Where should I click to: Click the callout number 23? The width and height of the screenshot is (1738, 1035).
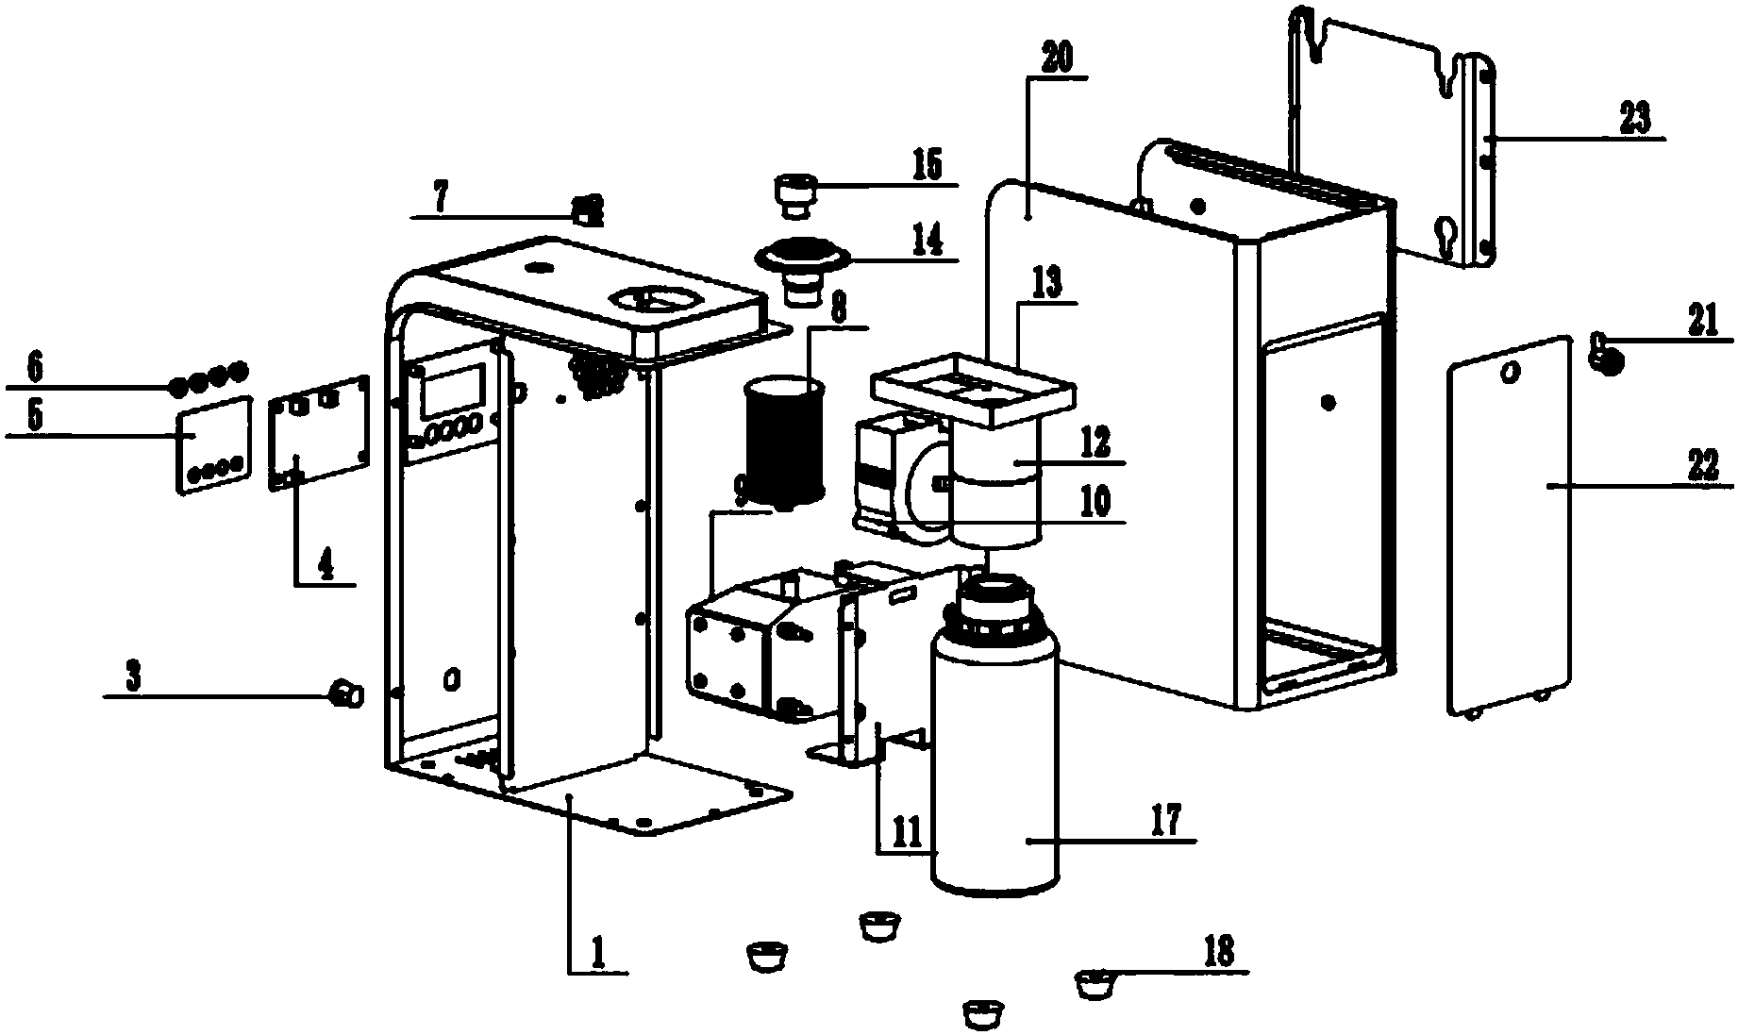click(x=1634, y=120)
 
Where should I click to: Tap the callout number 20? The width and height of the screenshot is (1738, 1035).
click(x=1056, y=60)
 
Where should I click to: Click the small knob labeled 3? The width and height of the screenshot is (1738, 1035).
click(x=345, y=695)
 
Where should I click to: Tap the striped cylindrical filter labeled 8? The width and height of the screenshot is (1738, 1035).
click(x=786, y=442)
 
